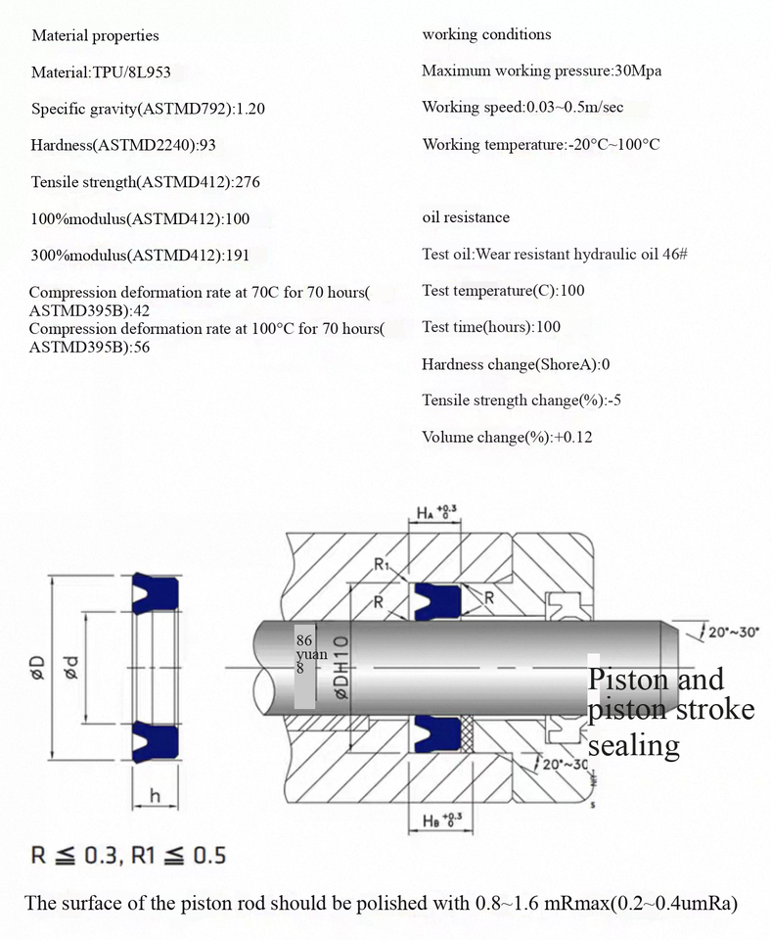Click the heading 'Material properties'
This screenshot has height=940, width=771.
pyautogui.click(x=95, y=36)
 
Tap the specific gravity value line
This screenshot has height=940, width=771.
pyautogui.click(x=148, y=109)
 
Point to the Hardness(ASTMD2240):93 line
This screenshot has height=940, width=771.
pyautogui.click(x=123, y=146)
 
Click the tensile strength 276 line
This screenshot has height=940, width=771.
pyautogui.click(x=145, y=182)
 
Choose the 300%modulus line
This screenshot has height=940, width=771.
pyautogui.click(x=140, y=256)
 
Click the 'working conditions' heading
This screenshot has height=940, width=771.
pyautogui.click(x=486, y=35)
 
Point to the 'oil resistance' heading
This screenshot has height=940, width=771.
pyautogui.click(x=466, y=217)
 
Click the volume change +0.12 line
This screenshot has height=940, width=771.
pyautogui.click(x=507, y=438)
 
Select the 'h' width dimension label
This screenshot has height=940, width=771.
pyautogui.click(x=155, y=795)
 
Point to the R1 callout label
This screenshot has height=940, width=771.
pyautogui.click(x=382, y=565)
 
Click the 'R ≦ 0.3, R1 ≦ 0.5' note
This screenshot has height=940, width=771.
pyautogui.click(x=128, y=856)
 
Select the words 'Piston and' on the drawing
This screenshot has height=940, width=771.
pyautogui.click(x=655, y=680)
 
